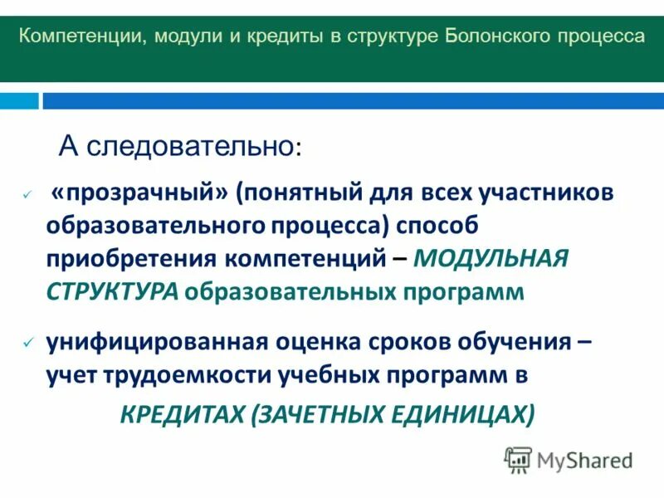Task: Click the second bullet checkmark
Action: pyautogui.click(x=27, y=342)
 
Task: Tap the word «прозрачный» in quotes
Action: pyautogui.click(x=139, y=193)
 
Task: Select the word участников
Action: pyautogui.click(x=546, y=193)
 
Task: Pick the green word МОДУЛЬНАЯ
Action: pyautogui.click(x=491, y=258)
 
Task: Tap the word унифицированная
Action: pyautogui.click(x=154, y=341)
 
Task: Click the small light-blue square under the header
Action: pyautogui.click(x=19, y=100)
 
